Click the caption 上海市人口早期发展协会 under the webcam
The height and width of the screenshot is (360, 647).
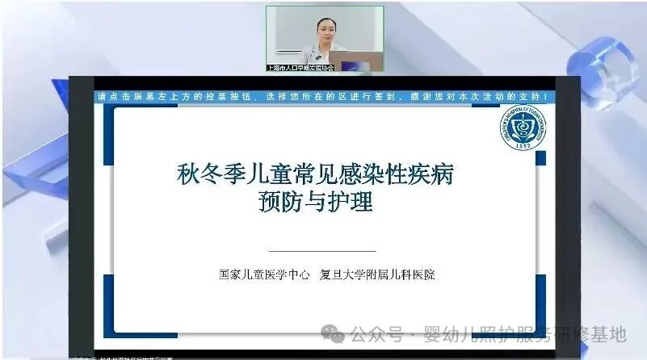300,68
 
